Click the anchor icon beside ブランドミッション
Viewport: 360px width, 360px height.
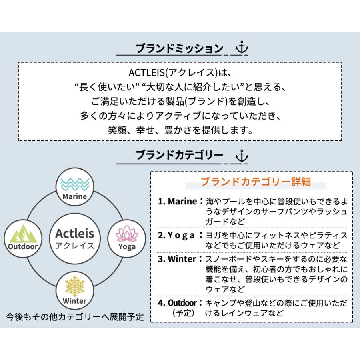click(x=242, y=47)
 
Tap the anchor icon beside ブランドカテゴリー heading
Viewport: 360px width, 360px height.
click(x=242, y=156)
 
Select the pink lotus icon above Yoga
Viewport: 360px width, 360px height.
click(x=127, y=234)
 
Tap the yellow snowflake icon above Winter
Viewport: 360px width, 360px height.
click(x=75, y=286)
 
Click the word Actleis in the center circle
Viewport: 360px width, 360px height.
click(x=75, y=234)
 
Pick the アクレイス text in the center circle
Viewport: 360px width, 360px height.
click(x=75, y=246)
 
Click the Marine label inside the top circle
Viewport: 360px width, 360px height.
click(x=75, y=196)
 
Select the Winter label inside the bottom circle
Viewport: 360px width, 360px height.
click(x=75, y=301)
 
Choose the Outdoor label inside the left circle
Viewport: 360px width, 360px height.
click(x=23, y=246)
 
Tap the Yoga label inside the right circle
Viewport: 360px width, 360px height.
click(x=127, y=247)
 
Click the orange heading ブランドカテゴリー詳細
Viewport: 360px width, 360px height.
click(x=256, y=182)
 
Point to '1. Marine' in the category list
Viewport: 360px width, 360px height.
click(x=178, y=201)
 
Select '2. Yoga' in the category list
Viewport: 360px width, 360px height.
click(x=176, y=236)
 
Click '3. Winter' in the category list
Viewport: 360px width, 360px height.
click(x=177, y=259)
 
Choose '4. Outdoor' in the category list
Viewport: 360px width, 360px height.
click(x=177, y=303)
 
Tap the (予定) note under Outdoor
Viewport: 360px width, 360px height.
click(x=184, y=313)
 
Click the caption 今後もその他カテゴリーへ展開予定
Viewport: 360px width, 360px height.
click(x=75, y=317)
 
